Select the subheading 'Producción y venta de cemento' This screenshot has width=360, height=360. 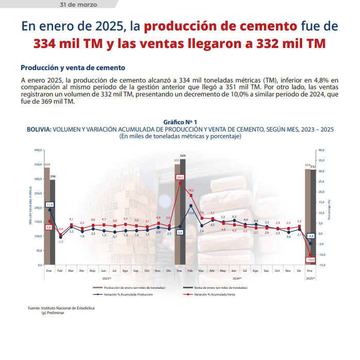tap(73, 68)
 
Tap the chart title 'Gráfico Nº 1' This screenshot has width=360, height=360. tap(180, 122)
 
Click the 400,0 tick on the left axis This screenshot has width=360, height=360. tap(38, 150)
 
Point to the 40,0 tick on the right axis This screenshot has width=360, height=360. tap(321, 150)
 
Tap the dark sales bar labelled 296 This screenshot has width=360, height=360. tap(53, 222)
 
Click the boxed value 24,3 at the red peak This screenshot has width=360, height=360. tap(180, 177)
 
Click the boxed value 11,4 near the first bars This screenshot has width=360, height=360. tap(50, 204)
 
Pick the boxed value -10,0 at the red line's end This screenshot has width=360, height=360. tap(310, 259)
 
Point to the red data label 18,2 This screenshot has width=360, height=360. tap(191, 190)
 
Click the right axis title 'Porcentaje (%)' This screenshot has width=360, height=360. tap(329, 209)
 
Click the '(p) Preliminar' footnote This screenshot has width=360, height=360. tap(53, 313)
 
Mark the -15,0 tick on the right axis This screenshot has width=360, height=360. tap(321, 265)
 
